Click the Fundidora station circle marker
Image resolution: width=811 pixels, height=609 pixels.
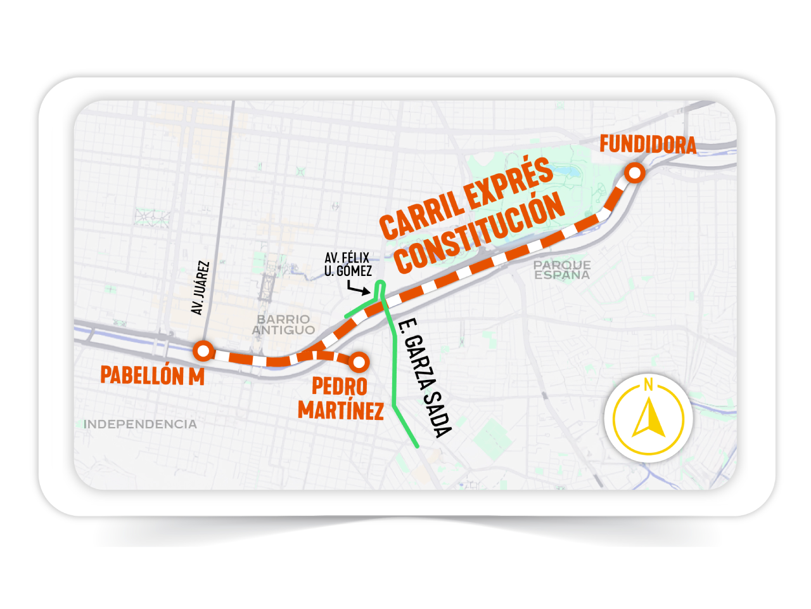coord(634,173)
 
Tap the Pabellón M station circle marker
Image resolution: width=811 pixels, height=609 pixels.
coord(203,350)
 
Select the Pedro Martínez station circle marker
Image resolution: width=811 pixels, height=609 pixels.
coord(359,362)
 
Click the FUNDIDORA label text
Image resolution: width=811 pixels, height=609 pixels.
coord(648,145)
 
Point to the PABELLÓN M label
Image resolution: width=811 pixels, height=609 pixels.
coord(152,376)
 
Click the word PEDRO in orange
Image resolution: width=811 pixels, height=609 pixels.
coord(339,386)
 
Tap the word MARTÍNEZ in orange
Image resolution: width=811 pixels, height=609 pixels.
coord(341,410)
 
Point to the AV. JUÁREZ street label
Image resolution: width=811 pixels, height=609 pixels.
coord(200,287)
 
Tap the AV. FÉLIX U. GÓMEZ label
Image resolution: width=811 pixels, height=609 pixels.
coord(348,265)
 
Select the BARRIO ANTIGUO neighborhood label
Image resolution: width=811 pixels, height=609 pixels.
coord(283,324)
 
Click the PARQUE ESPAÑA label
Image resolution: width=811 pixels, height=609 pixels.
coord(561,270)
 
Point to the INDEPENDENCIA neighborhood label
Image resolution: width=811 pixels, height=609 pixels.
coord(140,424)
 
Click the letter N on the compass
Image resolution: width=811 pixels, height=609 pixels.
coord(648,384)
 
